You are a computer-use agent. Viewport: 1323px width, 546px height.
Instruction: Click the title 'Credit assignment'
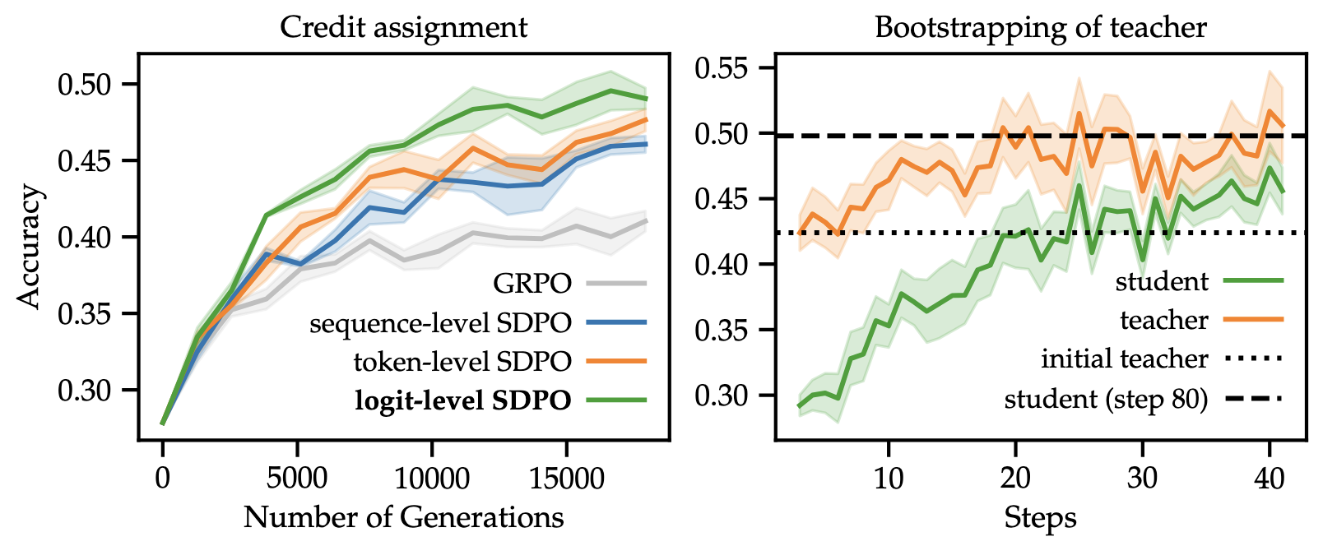click(x=403, y=27)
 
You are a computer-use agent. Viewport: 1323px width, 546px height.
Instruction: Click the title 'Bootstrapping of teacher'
click(x=1040, y=27)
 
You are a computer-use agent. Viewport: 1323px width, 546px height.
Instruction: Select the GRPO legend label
click(x=532, y=284)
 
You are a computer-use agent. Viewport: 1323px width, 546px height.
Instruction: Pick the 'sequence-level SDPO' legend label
click(x=440, y=323)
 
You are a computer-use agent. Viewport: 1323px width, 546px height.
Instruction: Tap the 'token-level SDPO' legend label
click(x=462, y=361)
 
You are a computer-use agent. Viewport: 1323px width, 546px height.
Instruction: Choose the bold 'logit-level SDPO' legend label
click(x=463, y=400)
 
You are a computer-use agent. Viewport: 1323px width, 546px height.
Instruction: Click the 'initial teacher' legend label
click(x=1124, y=359)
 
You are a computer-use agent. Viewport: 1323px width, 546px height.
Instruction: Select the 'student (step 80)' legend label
click(x=1106, y=400)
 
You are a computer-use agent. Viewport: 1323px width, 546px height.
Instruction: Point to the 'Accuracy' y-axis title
click(x=30, y=247)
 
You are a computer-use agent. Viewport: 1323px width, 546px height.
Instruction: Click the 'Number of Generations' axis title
click(x=403, y=517)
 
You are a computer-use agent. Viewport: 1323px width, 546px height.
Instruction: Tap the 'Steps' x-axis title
click(x=1040, y=518)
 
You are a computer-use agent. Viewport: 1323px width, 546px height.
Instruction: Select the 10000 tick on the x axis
click(x=432, y=477)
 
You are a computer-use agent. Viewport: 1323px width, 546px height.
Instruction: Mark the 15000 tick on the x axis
click(x=566, y=477)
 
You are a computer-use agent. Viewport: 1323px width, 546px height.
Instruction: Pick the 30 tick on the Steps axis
click(x=1143, y=477)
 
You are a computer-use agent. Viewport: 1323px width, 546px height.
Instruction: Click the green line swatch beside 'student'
click(x=1254, y=281)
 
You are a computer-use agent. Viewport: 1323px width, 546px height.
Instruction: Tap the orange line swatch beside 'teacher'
click(x=1254, y=320)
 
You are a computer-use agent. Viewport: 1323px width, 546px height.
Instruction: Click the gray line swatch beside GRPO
click(x=616, y=284)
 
